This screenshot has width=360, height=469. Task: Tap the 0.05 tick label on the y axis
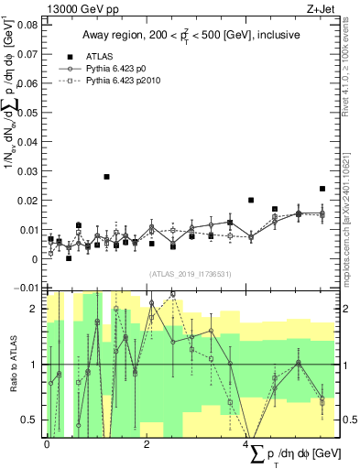tap(29, 113)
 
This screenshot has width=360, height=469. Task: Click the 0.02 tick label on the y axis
tap(29, 201)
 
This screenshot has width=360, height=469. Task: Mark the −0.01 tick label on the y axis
tap(27, 289)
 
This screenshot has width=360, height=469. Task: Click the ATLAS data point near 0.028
tap(107, 177)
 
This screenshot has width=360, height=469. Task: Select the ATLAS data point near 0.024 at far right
tap(322, 189)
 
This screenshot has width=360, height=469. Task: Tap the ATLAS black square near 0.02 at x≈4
tap(251, 200)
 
